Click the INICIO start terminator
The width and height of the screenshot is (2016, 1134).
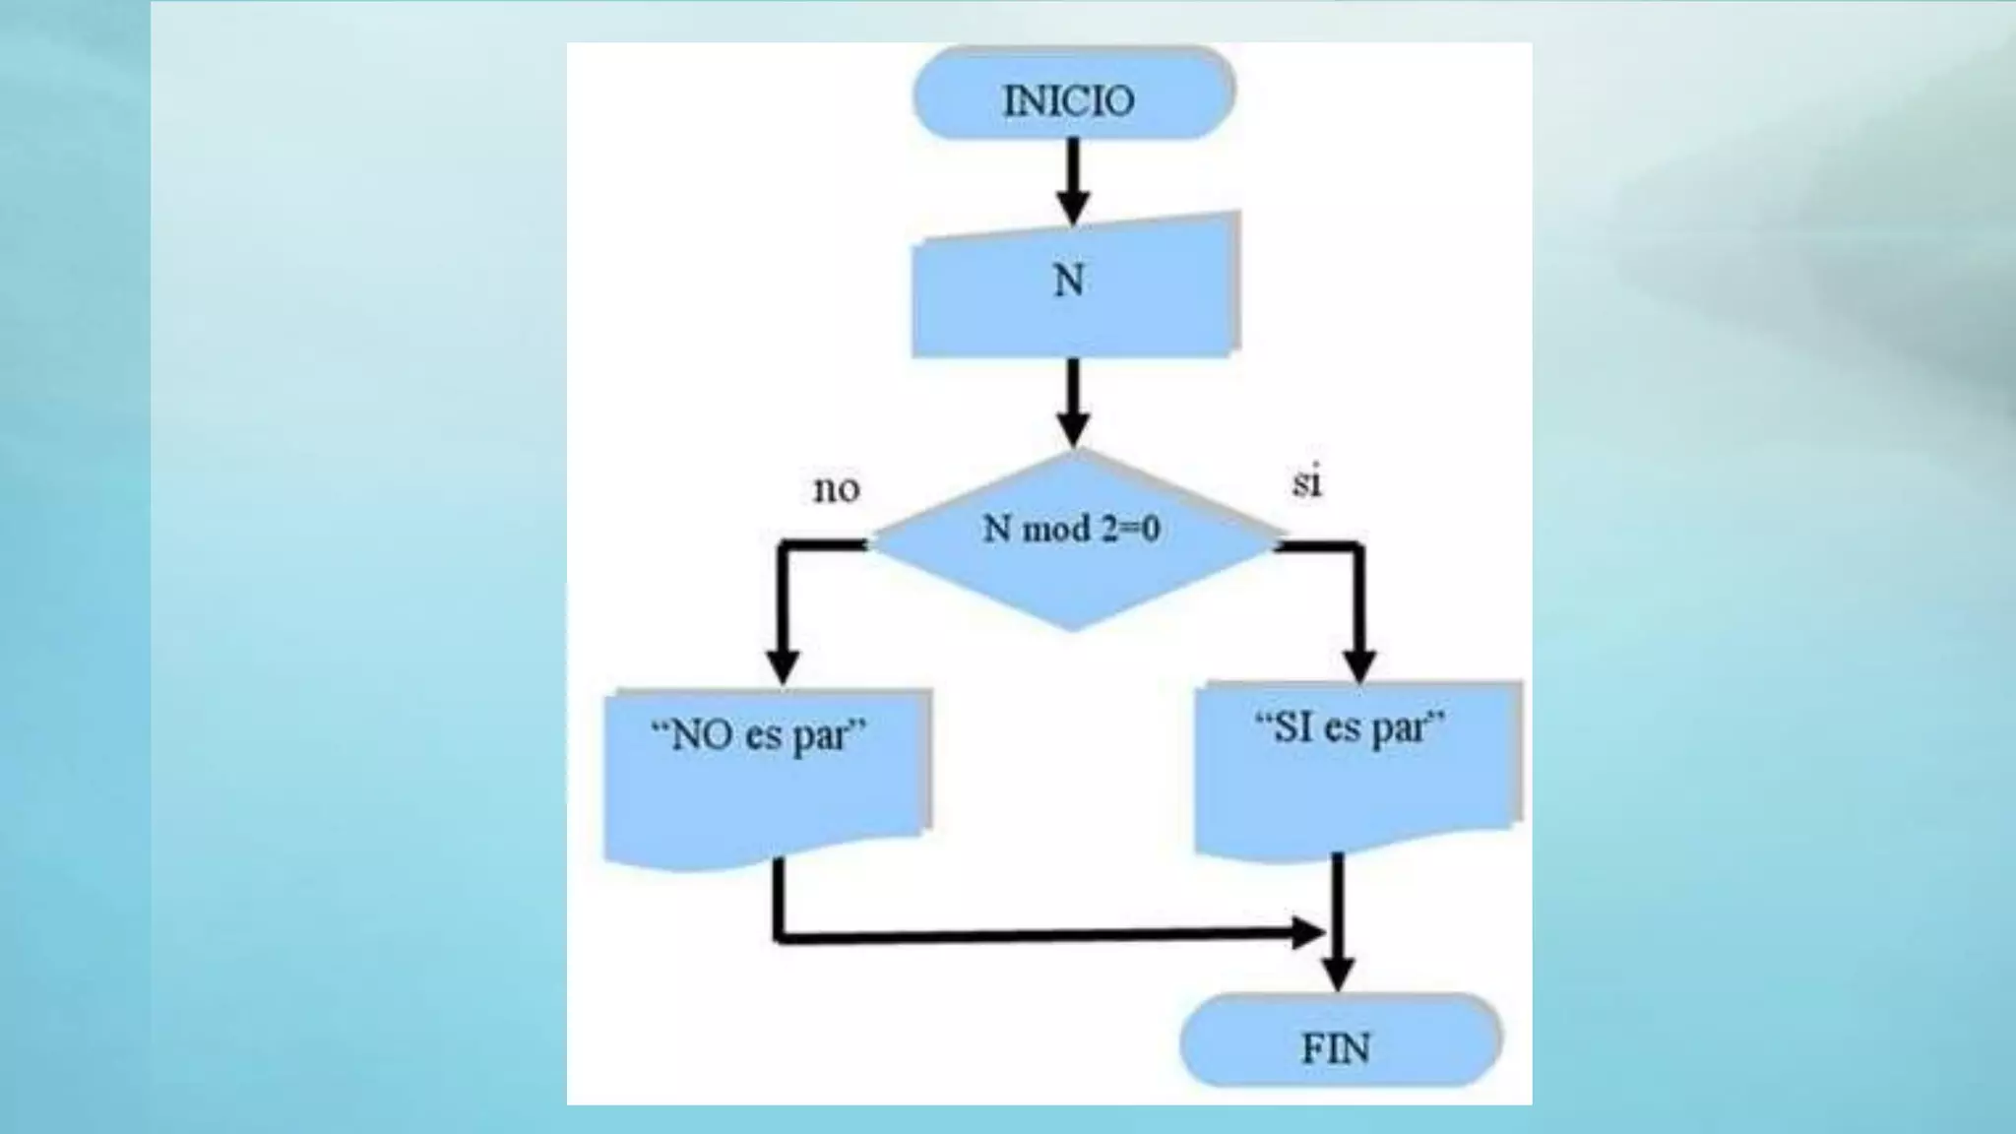tap(1073, 94)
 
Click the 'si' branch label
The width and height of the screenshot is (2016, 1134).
tap(1306, 483)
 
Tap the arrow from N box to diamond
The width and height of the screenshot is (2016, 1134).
tap(1073, 404)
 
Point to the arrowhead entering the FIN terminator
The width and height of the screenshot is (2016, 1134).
tap(1338, 975)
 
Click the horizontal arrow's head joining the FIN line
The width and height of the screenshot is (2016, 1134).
tap(1309, 931)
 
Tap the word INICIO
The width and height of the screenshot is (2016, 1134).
tap(1068, 100)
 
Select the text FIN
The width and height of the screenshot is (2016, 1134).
tap(1336, 1048)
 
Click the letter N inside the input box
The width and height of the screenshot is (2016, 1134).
tap(1069, 282)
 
